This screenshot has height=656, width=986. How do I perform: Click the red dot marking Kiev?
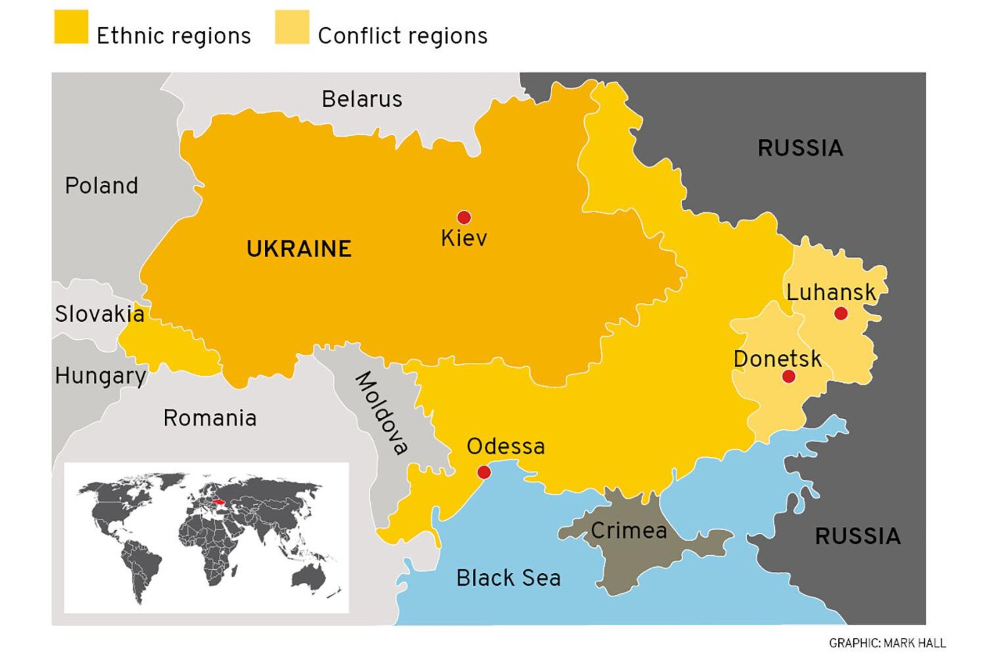tap(464, 218)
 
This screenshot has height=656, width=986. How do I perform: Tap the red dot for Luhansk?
tap(841, 314)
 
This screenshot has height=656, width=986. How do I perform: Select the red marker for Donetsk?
tap(788, 376)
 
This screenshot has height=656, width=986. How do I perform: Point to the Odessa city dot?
tap(484, 472)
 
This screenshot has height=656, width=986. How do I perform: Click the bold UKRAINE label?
tap(299, 249)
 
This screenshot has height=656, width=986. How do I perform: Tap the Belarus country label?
tap(362, 99)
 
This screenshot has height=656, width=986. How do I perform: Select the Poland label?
tap(102, 186)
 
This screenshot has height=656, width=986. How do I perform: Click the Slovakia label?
tap(100, 314)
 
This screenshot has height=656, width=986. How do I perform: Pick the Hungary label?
tap(100, 376)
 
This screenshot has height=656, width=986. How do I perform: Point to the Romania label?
tap(210, 418)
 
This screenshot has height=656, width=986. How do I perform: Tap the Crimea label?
tap(629, 531)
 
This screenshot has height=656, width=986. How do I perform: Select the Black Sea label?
tap(508, 578)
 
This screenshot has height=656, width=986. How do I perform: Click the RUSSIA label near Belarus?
tap(800, 148)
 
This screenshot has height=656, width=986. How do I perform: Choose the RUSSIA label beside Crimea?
tap(857, 536)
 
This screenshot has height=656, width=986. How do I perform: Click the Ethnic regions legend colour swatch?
tap(71, 27)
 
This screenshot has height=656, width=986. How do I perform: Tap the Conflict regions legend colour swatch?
tap(292, 27)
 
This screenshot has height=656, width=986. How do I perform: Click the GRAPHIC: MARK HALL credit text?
tap(887, 643)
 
